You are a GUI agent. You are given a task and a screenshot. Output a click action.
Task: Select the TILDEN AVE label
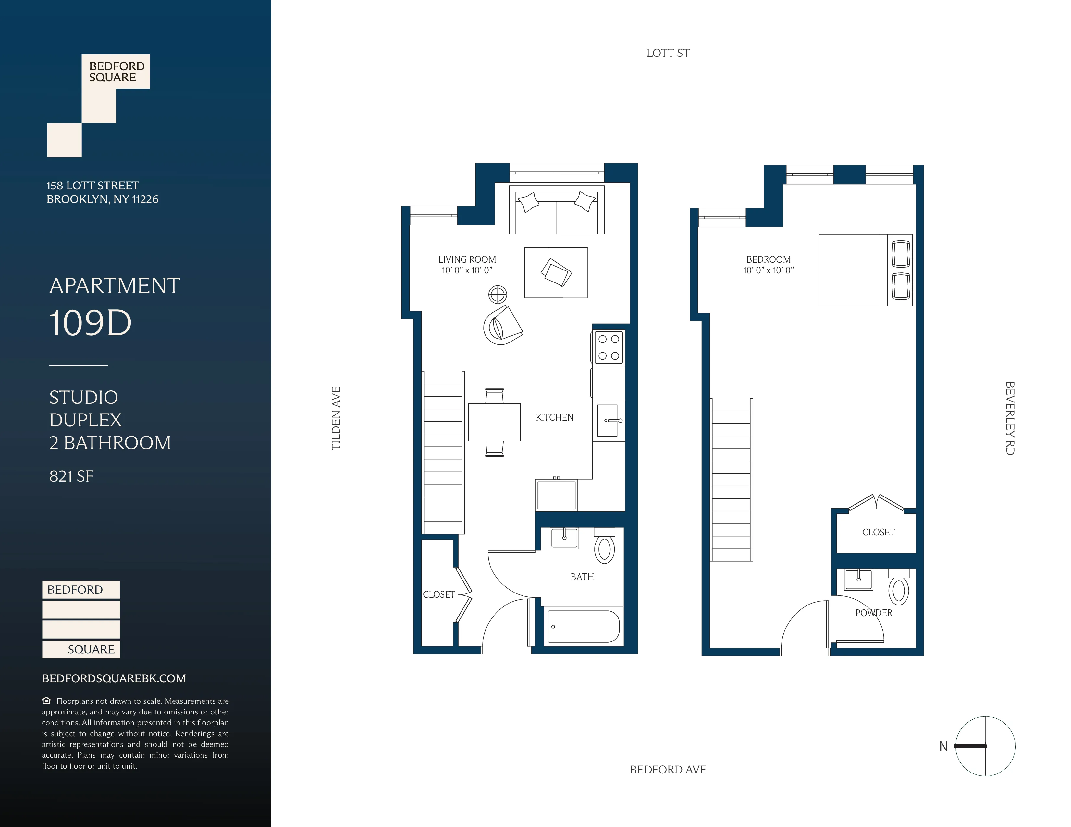[336, 418]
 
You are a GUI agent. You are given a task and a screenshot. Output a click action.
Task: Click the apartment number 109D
[91, 323]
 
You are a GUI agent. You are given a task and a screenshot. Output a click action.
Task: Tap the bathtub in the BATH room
[583, 626]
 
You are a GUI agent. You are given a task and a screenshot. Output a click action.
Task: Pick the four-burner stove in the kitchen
[609, 347]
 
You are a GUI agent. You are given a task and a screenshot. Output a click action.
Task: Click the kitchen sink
[608, 420]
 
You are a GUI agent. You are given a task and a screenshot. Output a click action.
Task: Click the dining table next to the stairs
[494, 422]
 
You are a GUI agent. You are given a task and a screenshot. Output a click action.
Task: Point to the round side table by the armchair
[497, 294]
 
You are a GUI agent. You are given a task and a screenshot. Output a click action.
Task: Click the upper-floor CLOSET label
[878, 532]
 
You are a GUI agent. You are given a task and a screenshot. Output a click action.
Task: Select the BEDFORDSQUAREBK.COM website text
[114, 678]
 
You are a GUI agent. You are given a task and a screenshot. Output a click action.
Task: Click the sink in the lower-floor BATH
[564, 538]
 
